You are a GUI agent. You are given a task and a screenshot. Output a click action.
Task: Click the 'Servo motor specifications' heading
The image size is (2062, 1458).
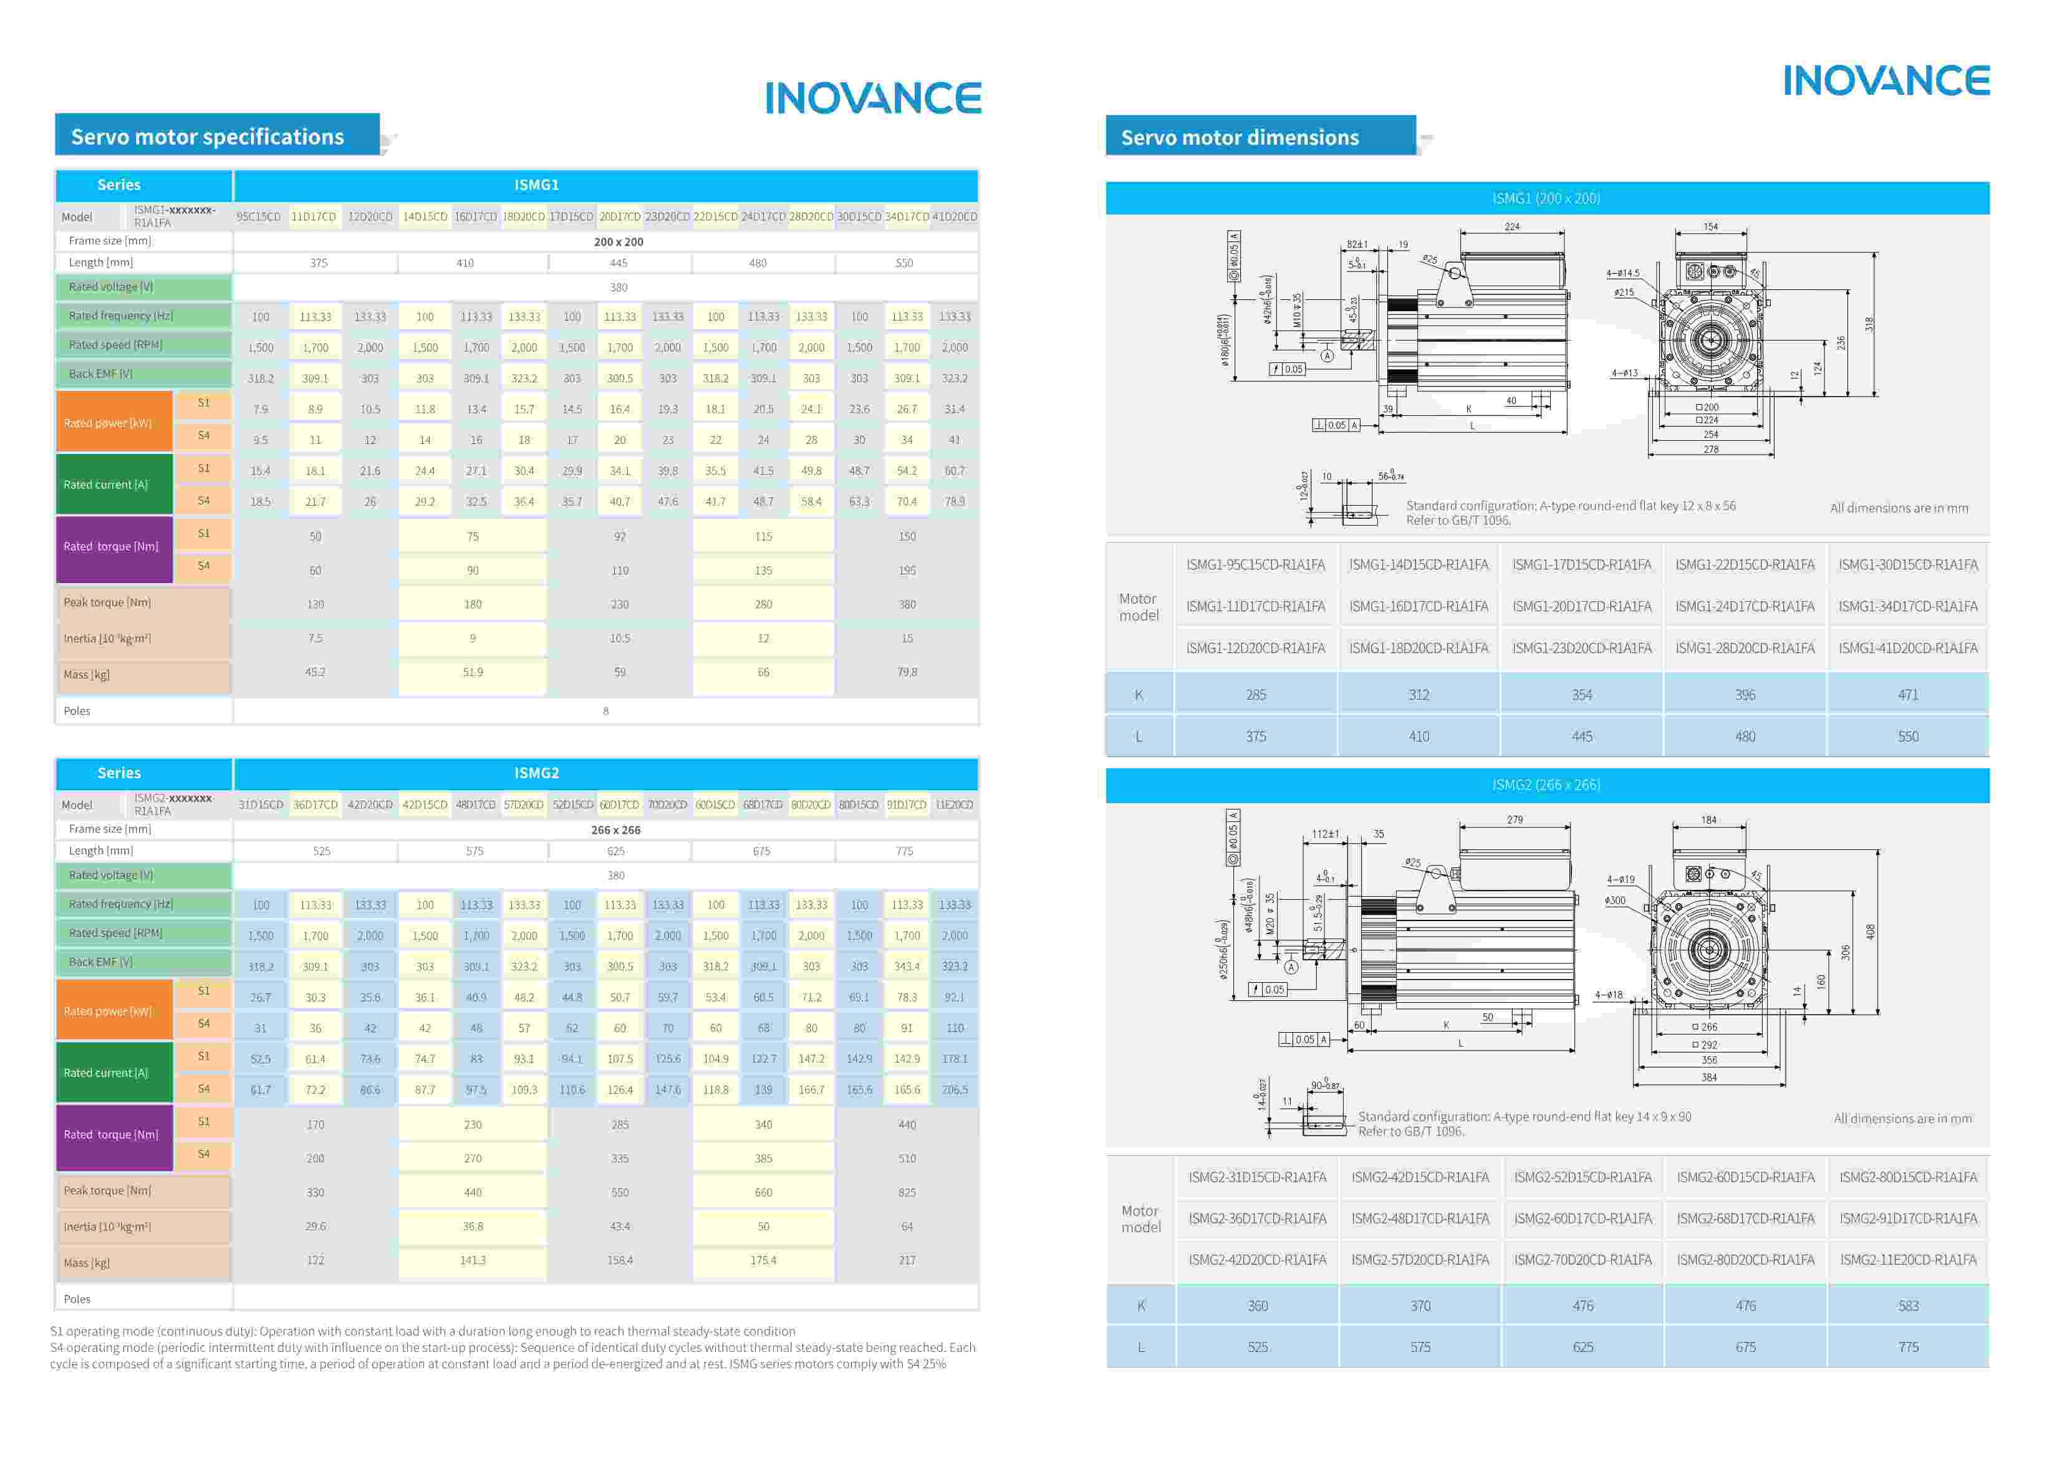point(208,137)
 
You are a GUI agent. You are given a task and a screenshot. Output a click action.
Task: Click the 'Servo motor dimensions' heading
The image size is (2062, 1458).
point(1240,137)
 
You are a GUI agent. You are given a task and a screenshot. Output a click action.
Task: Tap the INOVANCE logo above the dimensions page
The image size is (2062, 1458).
point(1886,81)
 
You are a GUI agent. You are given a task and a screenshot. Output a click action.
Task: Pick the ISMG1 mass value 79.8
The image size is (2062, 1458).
point(907,672)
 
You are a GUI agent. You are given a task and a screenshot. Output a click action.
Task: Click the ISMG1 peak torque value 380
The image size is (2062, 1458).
point(907,604)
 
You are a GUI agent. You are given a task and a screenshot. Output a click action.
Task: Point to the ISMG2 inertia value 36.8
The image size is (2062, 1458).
point(473,1226)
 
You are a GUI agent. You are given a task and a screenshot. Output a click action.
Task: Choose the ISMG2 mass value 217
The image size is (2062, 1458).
point(907,1260)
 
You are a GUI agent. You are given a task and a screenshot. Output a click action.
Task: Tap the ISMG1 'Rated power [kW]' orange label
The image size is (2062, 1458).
point(108,423)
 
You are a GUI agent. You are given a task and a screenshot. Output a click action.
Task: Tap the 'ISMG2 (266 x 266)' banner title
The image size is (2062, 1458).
point(1546,785)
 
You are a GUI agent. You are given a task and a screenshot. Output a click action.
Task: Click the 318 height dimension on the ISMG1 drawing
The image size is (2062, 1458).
point(1869,324)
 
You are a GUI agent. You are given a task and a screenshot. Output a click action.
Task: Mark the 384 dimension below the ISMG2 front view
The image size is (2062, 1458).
point(1708,1077)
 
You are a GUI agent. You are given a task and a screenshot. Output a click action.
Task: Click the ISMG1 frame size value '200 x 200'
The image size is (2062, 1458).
point(618,242)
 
